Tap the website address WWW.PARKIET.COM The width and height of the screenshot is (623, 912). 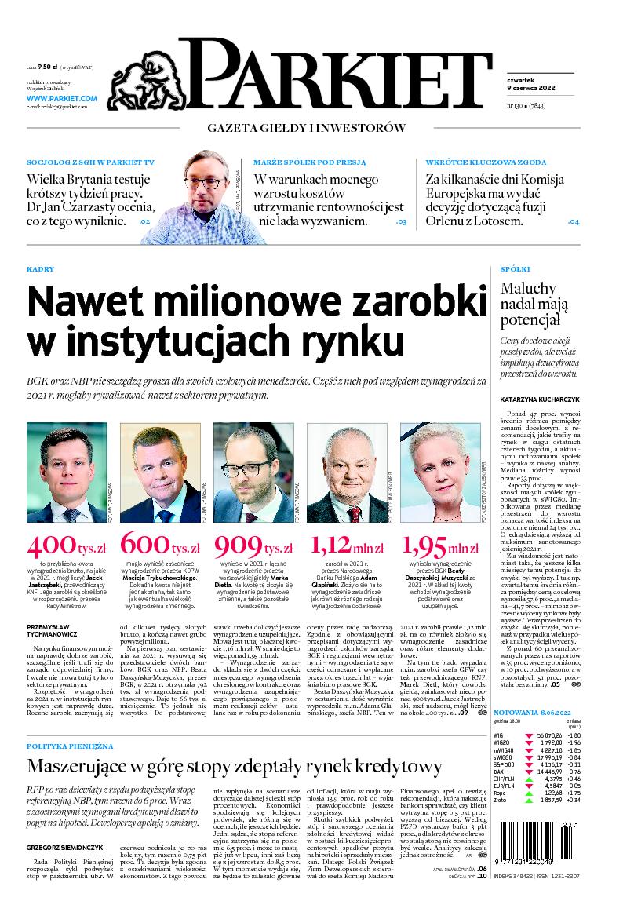[61, 98]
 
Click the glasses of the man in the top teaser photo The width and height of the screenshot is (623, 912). [206, 183]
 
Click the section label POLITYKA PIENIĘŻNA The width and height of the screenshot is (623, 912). [71, 744]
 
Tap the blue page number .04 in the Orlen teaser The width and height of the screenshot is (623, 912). [573, 222]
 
